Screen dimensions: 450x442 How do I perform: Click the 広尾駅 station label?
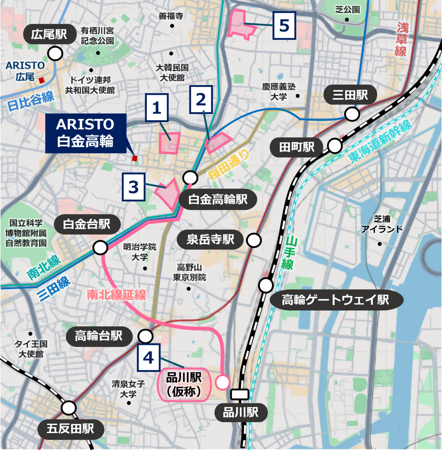(49, 34)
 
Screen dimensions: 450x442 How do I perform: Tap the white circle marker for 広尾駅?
(56, 54)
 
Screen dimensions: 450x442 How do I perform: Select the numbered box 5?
(284, 25)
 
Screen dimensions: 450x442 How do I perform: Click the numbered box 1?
(156, 108)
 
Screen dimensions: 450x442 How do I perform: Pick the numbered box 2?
(201, 100)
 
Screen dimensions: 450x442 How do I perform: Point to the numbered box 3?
(134, 187)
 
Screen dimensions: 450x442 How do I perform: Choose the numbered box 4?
(149, 357)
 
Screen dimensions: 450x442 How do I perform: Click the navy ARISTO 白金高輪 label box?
(86, 133)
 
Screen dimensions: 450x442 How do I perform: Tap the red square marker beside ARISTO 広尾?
(42, 80)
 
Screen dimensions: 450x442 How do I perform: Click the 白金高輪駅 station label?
(218, 199)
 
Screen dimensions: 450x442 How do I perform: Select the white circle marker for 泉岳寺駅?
(254, 240)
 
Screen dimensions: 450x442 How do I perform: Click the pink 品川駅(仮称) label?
(184, 384)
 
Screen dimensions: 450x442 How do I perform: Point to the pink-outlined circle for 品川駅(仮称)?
(223, 382)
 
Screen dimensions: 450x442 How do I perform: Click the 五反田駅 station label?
(71, 428)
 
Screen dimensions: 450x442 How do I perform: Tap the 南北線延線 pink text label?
(116, 295)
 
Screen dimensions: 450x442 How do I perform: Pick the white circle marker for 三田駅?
(352, 114)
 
